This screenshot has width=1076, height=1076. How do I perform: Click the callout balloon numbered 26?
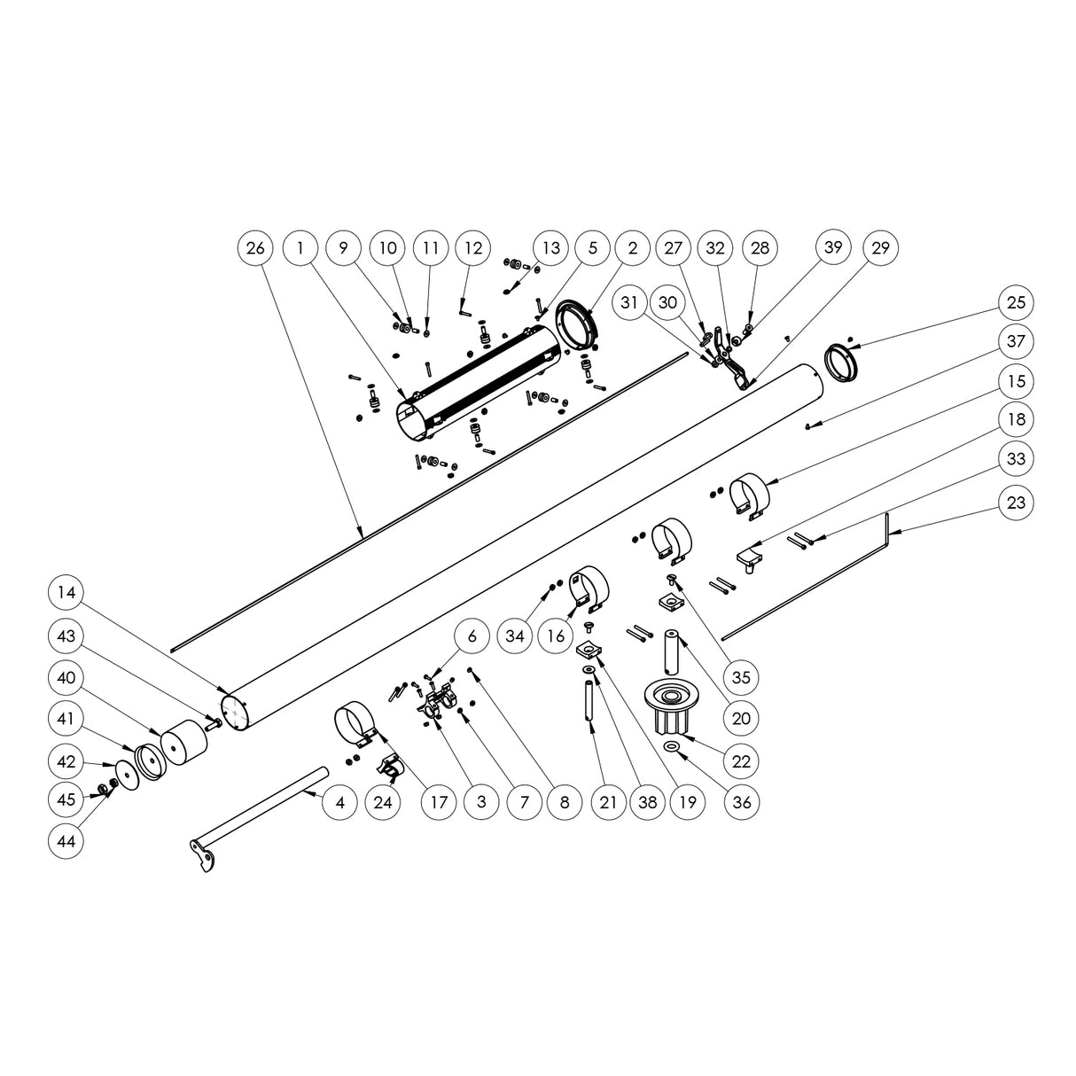coord(255,248)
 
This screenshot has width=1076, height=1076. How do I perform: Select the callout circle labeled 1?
coord(301,248)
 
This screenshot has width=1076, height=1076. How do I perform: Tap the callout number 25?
coord(1016,301)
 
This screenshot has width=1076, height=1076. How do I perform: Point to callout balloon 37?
coord(1016,340)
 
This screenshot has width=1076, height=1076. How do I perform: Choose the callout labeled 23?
coord(1016,503)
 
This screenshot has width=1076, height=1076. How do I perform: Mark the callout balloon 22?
coord(742,760)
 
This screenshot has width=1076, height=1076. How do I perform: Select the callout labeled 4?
coord(340,803)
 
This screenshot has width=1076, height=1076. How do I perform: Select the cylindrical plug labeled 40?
coord(183,743)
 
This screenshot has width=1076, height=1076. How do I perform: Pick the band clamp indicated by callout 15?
coord(748,492)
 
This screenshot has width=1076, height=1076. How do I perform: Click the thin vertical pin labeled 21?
coord(587,703)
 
